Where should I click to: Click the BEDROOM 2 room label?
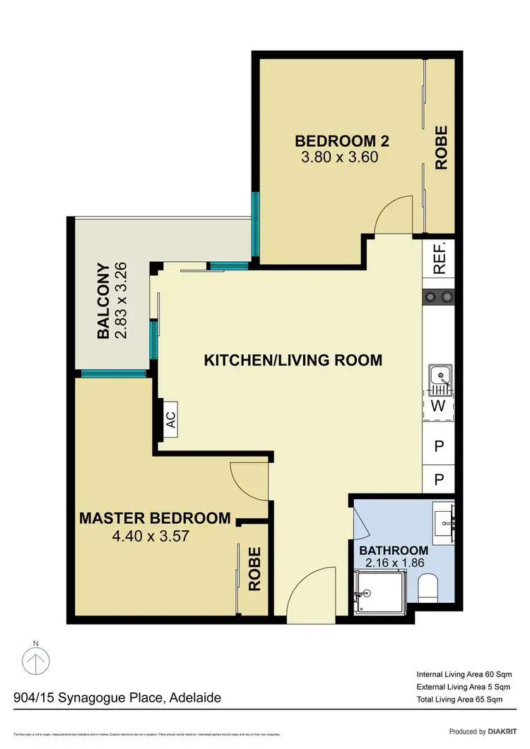click(342, 140)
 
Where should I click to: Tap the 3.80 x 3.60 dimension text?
click(340, 157)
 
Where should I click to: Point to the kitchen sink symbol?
click(440, 380)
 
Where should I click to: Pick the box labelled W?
click(439, 406)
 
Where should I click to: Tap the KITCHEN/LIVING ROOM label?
click(293, 360)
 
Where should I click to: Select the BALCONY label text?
click(103, 301)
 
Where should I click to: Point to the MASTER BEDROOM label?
click(155, 518)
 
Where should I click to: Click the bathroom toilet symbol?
click(428, 587)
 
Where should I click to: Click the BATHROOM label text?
click(394, 551)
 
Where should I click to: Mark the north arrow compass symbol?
click(36, 661)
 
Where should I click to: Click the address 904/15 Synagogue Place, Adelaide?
click(117, 698)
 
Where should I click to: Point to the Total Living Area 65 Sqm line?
click(459, 700)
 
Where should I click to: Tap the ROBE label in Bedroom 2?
click(442, 147)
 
